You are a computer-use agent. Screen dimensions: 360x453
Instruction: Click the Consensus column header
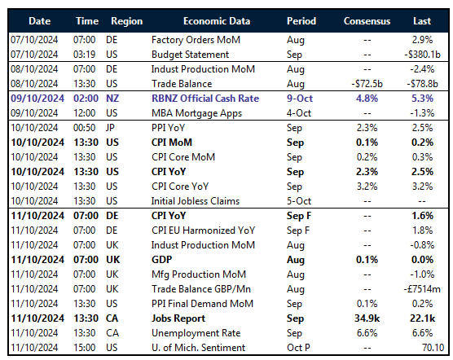click(367, 20)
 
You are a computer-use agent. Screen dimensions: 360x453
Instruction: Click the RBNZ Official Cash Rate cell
click(205, 99)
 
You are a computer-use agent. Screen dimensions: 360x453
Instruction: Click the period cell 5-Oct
click(301, 200)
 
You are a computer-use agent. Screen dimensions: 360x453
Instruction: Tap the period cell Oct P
click(301, 348)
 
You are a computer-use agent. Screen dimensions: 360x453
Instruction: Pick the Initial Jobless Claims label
click(196, 200)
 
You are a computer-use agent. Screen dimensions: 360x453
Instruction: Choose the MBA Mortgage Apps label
click(196, 112)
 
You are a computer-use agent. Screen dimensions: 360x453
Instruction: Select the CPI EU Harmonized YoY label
click(204, 230)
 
